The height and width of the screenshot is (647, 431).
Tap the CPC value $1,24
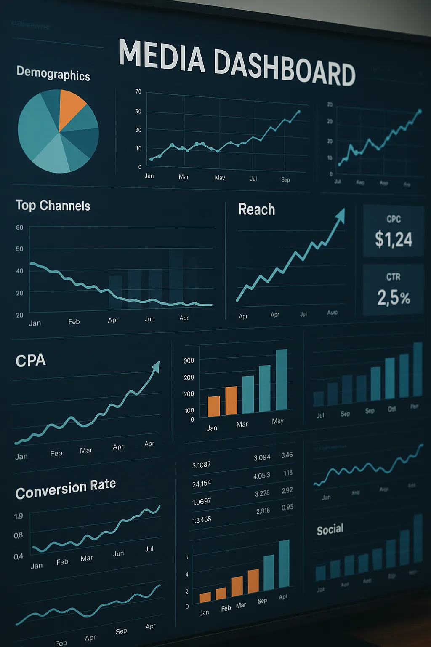coord(394,239)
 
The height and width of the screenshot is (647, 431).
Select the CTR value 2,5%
coord(394,297)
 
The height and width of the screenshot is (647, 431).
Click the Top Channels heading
coord(53,206)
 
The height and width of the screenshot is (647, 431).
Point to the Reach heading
coord(257,209)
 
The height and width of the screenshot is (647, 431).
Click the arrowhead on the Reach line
coord(341,214)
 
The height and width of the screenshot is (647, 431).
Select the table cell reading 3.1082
coord(201,465)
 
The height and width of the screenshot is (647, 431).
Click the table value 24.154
coord(201,484)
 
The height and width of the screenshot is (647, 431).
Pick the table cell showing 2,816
coord(263,511)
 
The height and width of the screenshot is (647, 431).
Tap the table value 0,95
coord(287,507)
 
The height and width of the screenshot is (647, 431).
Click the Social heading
coord(330,529)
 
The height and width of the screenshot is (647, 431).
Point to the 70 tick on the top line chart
coord(138,91)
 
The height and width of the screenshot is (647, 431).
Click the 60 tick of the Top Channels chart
coord(19,227)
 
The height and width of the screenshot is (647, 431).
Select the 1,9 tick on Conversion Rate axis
coord(19,516)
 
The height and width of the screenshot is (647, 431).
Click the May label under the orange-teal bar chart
coord(277,421)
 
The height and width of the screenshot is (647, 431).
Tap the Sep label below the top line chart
coord(285,179)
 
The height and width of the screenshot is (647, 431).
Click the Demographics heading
coord(53,73)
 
